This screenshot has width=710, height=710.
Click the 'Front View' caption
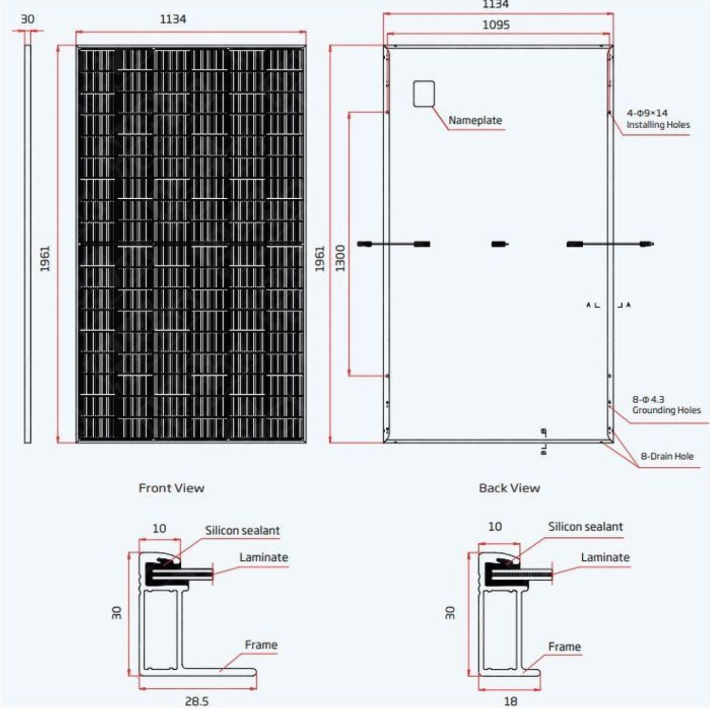point(171,488)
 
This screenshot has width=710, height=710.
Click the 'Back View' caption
point(509,488)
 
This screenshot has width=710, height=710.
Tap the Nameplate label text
point(475,120)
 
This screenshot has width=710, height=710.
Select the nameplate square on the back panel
point(424,94)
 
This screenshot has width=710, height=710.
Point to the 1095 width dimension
point(496,25)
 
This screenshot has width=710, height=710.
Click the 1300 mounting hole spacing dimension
point(340,258)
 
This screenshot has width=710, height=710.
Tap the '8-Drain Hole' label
point(667,456)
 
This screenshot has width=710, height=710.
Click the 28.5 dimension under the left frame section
point(197,701)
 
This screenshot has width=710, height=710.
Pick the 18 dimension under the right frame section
point(510,701)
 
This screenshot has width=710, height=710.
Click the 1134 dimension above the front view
point(173,19)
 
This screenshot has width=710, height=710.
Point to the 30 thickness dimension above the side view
point(27,19)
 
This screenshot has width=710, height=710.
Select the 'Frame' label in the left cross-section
point(261,645)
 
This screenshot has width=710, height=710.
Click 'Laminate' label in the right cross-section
point(605,558)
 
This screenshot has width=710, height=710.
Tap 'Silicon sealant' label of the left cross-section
point(242,531)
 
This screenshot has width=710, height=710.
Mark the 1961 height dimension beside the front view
point(45,258)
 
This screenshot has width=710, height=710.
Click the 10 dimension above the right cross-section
point(495,526)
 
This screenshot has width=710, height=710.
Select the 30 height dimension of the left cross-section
point(116,612)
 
